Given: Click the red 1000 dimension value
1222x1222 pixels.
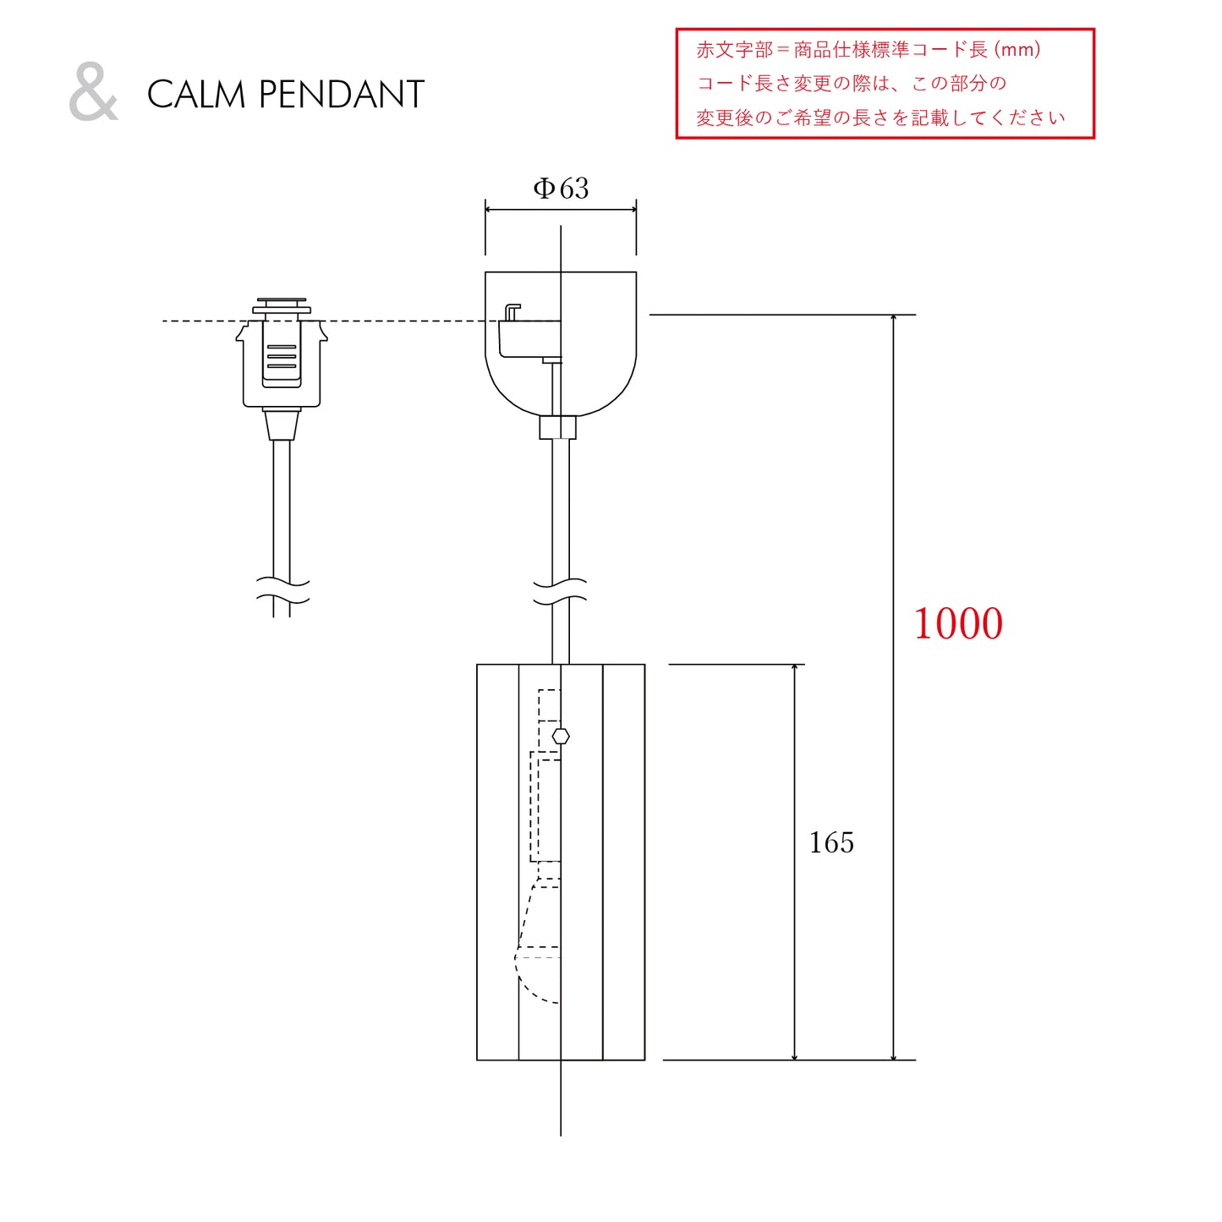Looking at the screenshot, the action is (957, 624).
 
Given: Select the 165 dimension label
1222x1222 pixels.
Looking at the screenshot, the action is (831, 843).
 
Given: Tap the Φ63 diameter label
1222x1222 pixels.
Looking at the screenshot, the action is (561, 189).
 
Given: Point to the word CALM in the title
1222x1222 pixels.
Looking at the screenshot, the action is (196, 95).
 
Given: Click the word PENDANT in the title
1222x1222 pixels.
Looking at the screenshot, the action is (342, 95).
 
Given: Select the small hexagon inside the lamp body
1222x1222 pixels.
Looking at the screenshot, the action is (561, 737).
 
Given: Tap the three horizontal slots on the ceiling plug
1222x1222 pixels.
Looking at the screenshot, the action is (282, 356).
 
